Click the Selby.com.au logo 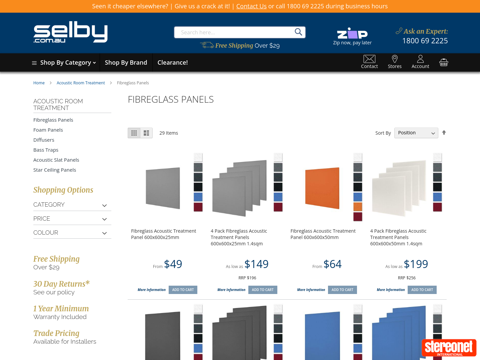pyautogui.click(x=70, y=32)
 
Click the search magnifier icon pyautogui.click(x=298, y=32)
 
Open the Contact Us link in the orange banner pyautogui.click(x=251, y=6)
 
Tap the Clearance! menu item pyautogui.click(x=172, y=63)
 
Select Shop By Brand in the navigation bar pyautogui.click(x=126, y=63)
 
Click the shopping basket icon pyautogui.click(x=444, y=62)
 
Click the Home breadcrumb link pyautogui.click(x=39, y=83)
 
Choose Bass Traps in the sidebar pyautogui.click(x=46, y=150)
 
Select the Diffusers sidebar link pyautogui.click(x=44, y=140)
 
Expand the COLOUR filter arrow pyautogui.click(x=104, y=233)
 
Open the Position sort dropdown pyautogui.click(x=416, y=133)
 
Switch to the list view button pyautogui.click(x=146, y=133)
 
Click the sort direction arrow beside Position pyautogui.click(x=444, y=133)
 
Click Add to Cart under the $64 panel pyautogui.click(x=342, y=290)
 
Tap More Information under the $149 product pyautogui.click(x=231, y=290)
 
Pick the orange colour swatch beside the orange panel pyautogui.click(x=358, y=207)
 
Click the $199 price pyautogui.click(x=416, y=264)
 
